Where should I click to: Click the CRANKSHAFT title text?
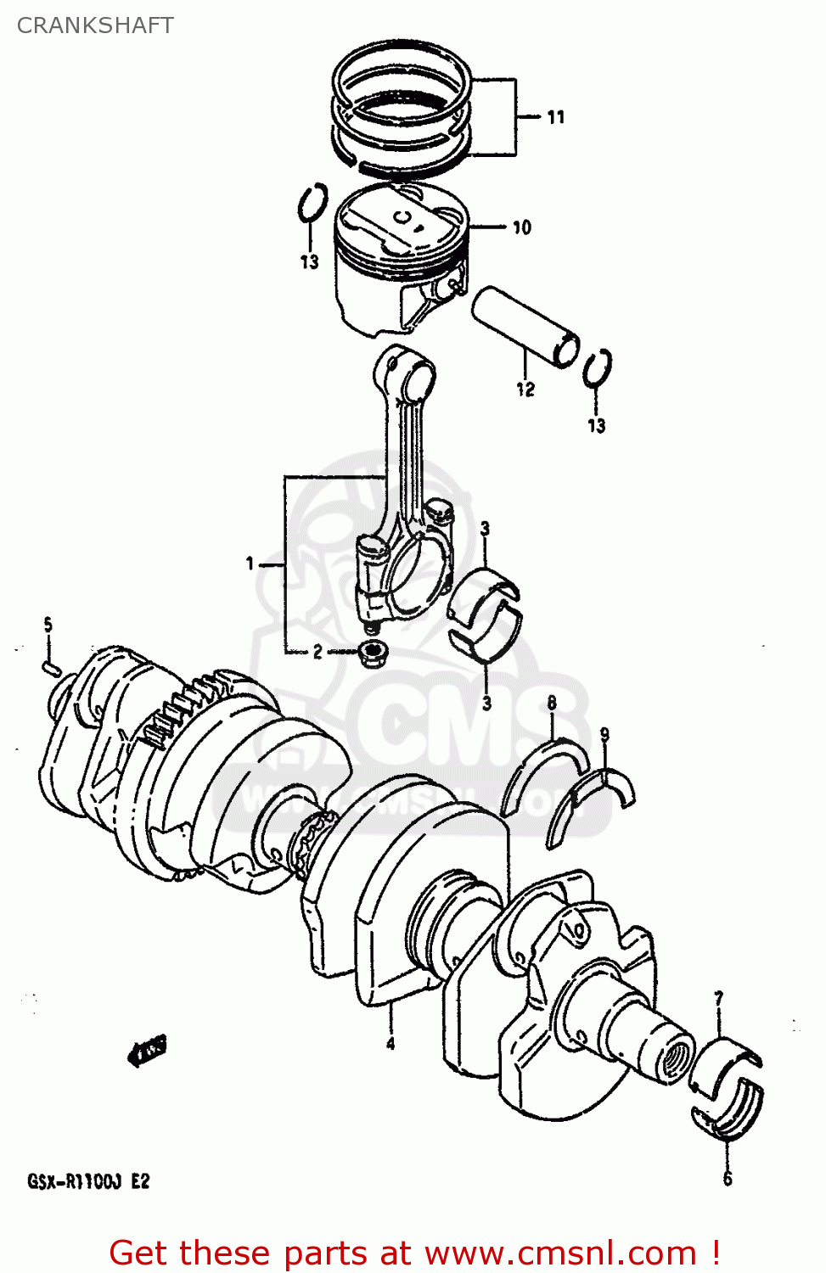pos(95,25)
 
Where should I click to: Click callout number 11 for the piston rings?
pos(556,117)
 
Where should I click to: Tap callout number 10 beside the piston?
pos(521,227)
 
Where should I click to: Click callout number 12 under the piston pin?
pos(525,390)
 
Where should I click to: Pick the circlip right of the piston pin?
pos(598,368)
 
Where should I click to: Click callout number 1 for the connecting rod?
pos(250,564)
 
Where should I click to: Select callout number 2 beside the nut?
pos(317,652)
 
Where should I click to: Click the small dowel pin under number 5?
pos(50,668)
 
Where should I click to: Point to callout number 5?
pos(48,625)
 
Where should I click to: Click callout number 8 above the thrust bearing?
pos(552,703)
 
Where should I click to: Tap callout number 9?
pos(604,734)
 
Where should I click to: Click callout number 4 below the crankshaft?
pos(391,1043)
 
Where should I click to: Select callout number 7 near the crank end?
pos(719,999)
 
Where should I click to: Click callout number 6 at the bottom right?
pos(728,1179)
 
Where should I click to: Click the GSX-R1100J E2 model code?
pos(88,1181)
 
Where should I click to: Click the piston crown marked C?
pos(402,219)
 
